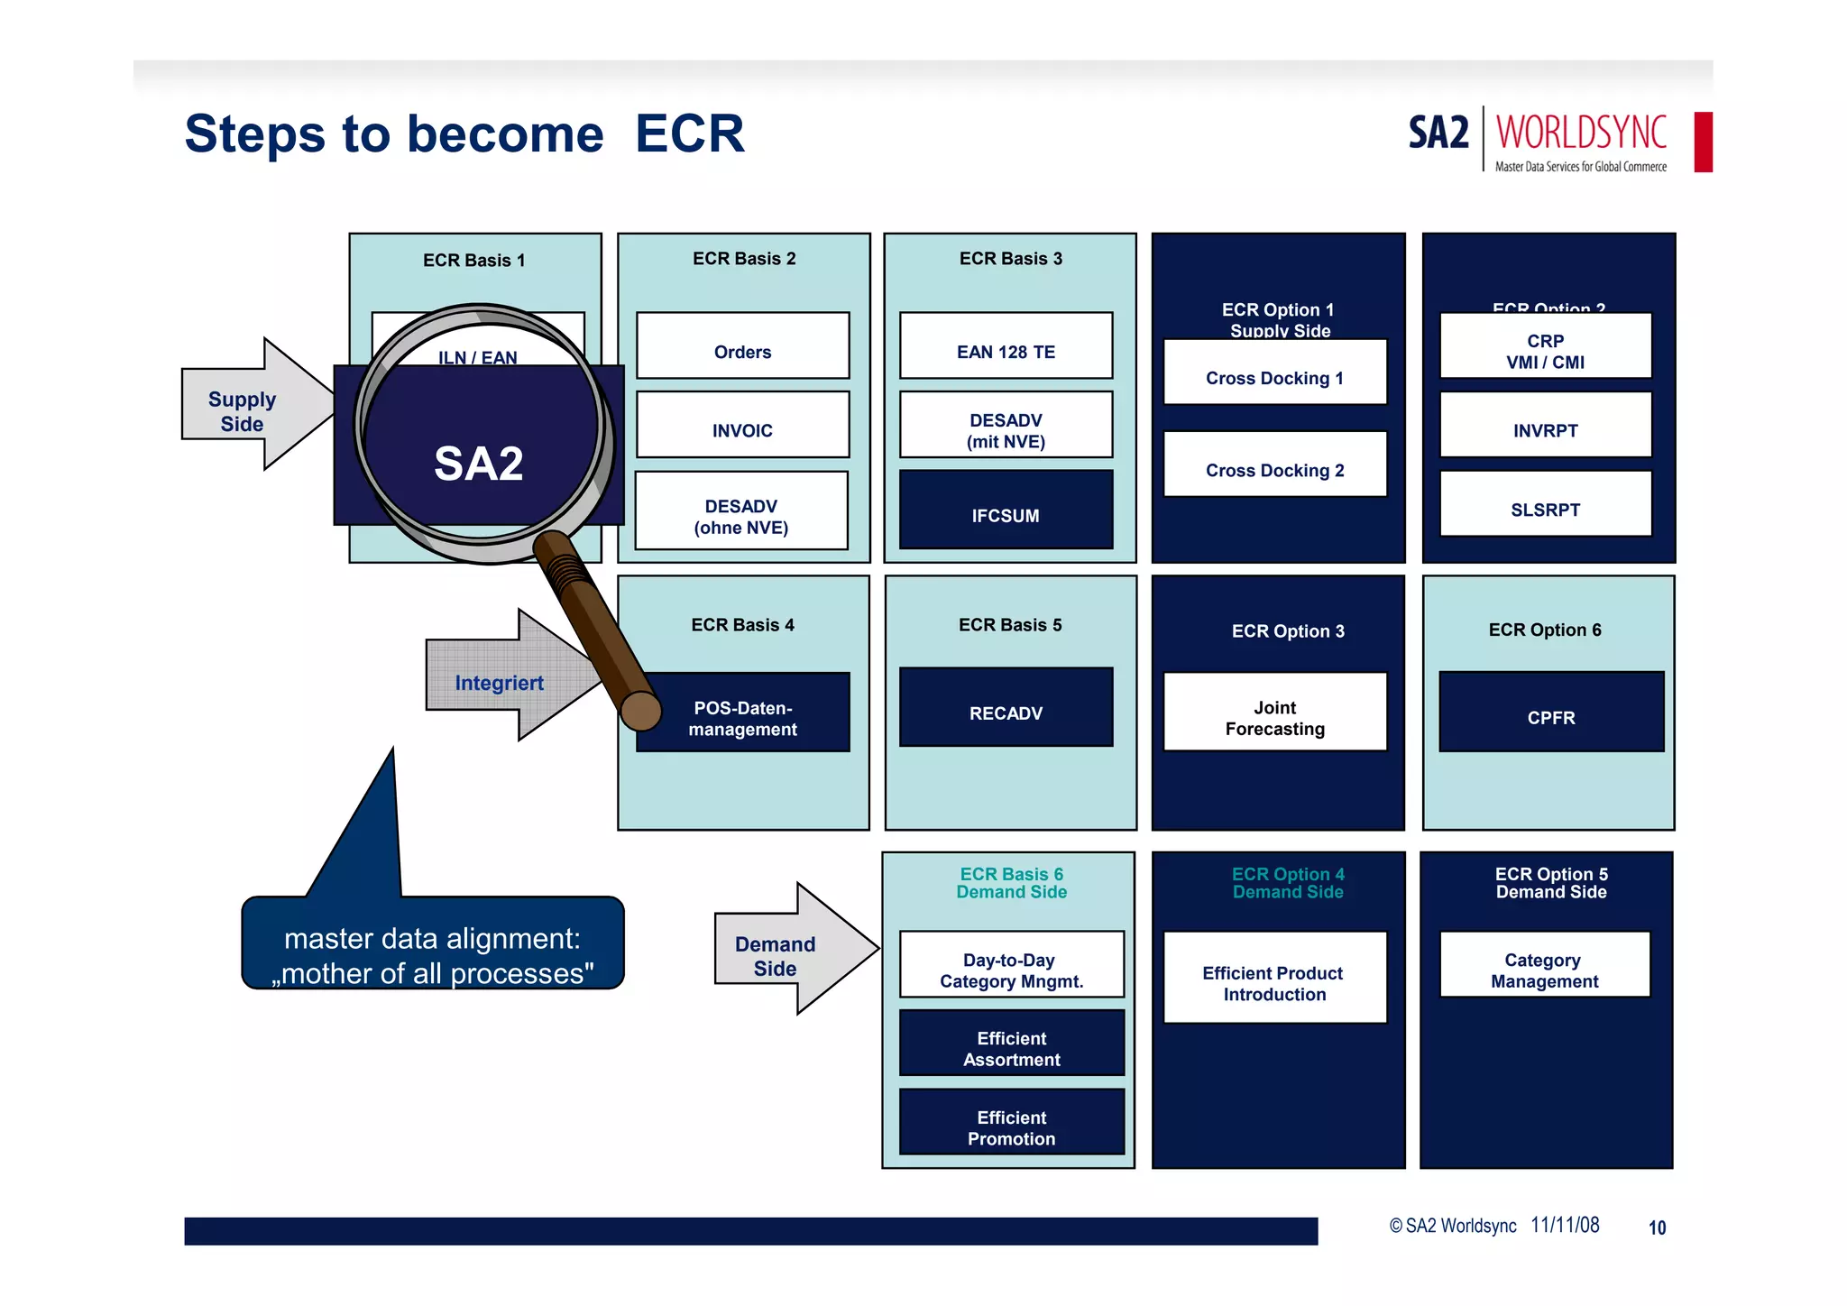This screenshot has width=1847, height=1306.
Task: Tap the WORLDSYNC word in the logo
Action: coord(1581,133)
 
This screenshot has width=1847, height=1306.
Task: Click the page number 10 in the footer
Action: coord(1656,1228)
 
